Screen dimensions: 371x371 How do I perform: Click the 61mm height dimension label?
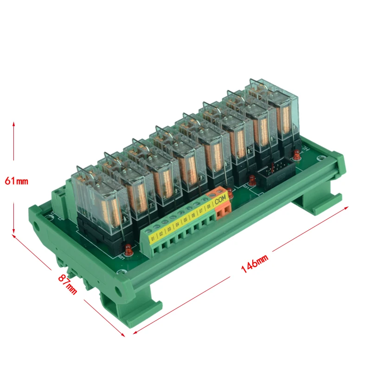pyautogui.click(x=16, y=181)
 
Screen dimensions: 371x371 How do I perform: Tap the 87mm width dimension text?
pyautogui.click(x=68, y=284)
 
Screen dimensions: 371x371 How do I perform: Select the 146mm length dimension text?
pyautogui.click(x=254, y=263)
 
